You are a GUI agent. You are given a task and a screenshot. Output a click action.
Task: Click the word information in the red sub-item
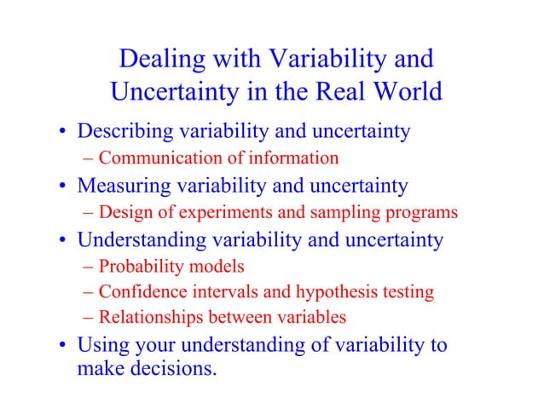(294, 158)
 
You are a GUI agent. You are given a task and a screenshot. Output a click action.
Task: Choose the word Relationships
(149, 317)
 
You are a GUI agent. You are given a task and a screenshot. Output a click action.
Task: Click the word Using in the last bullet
(101, 345)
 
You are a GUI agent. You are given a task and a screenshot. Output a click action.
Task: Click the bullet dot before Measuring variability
(64, 187)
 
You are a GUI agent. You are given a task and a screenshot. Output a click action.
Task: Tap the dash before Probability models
(90, 267)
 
